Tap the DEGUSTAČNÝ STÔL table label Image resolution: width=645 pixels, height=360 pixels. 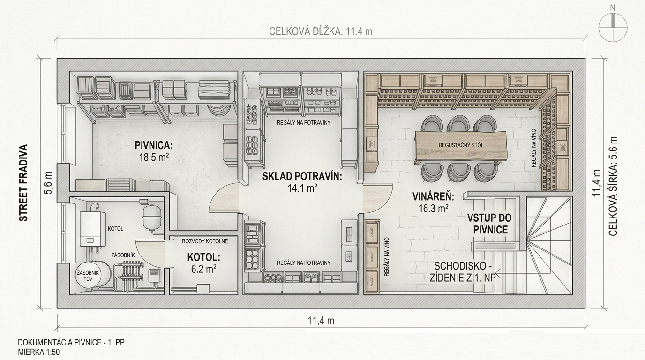coord(461,145)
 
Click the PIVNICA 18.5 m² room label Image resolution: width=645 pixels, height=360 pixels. coord(154,151)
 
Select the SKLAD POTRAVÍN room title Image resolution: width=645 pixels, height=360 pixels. coord(302,176)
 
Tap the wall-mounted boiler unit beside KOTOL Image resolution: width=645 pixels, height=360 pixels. coord(92,229)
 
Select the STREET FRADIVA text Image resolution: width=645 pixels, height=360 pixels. coord(23,183)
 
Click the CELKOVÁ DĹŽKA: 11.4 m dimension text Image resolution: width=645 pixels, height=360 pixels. coord(321,31)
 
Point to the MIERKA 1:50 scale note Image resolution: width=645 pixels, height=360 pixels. coord(39,352)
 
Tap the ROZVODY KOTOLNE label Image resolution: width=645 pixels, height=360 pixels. coord(205,241)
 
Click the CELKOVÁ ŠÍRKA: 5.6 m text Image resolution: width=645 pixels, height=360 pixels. coord(613,187)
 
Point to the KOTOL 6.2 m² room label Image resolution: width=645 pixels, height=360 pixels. coord(204,263)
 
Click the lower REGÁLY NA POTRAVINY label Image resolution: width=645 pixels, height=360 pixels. coord(303,262)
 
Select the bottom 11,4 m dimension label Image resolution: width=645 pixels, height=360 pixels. coord(321,321)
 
